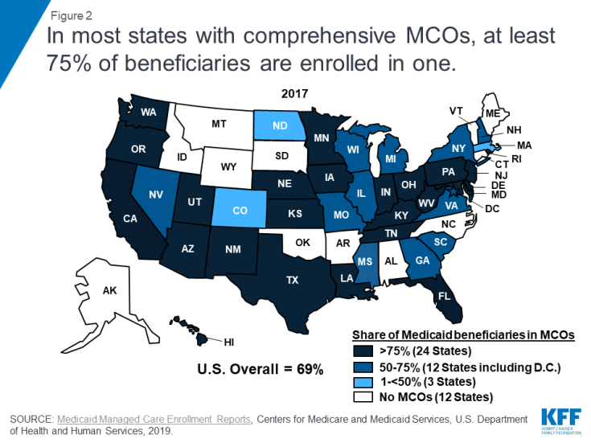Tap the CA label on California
[130, 217]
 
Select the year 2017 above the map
[294, 94]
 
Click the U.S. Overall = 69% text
[261, 370]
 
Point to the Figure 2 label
[68, 14]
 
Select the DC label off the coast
[492, 208]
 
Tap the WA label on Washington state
[148, 113]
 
